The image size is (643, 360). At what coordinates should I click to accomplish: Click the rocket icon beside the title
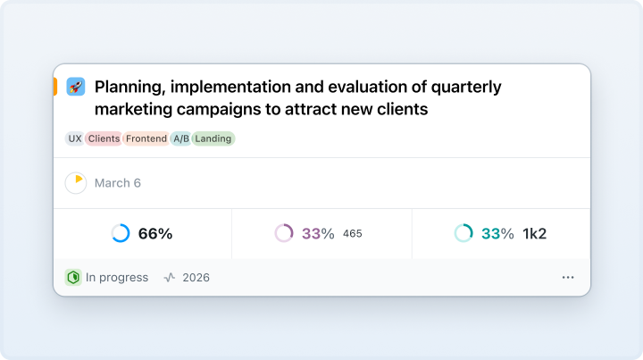(76, 87)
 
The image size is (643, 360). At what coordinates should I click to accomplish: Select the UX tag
(75, 138)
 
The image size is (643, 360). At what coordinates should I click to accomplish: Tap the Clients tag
(104, 138)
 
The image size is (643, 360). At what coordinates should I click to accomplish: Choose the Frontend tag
(146, 138)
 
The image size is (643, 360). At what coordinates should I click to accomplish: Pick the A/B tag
(180, 138)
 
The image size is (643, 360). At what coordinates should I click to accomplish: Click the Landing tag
(213, 138)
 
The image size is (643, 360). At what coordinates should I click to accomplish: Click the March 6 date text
(118, 183)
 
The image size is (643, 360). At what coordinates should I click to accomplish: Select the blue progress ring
(121, 242)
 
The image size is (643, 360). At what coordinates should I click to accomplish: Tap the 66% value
(155, 234)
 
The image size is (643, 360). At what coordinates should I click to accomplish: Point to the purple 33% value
(318, 234)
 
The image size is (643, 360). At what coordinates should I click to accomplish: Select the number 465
(353, 234)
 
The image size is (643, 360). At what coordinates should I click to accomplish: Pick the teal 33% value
(497, 234)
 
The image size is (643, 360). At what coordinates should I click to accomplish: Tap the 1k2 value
(534, 234)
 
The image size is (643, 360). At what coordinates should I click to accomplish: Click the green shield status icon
(73, 278)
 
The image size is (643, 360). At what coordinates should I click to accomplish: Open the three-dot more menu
(568, 278)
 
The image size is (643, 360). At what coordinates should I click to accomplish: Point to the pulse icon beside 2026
(170, 278)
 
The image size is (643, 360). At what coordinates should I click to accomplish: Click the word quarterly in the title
(466, 87)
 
